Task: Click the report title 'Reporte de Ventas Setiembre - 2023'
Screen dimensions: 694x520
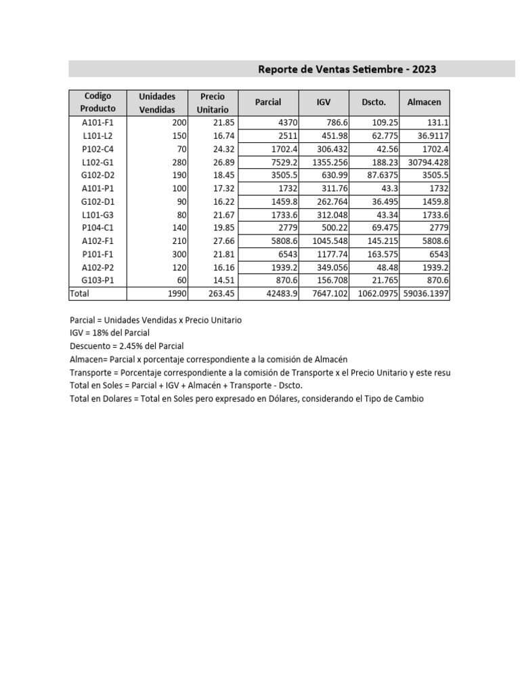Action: point(347,69)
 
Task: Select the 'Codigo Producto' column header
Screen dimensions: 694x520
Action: point(97,102)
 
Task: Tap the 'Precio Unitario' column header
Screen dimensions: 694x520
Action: point(213,102)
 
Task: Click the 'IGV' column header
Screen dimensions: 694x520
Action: point(324,102)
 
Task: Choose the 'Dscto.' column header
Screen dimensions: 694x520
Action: point(373,102)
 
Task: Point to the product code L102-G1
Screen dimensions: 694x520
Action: point(97,162)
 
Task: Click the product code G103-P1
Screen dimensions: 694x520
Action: point(97,280)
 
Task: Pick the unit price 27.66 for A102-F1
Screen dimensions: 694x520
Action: point(223,241)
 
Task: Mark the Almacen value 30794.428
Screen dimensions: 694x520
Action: point(426,162)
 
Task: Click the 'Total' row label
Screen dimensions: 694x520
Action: point(79,293)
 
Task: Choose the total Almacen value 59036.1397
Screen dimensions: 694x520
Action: point(426,293)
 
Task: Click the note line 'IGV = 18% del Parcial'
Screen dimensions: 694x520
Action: point(110,333)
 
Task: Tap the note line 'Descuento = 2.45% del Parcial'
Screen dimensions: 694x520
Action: point(127,346)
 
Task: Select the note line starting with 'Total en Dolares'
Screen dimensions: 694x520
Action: point(246,399)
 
